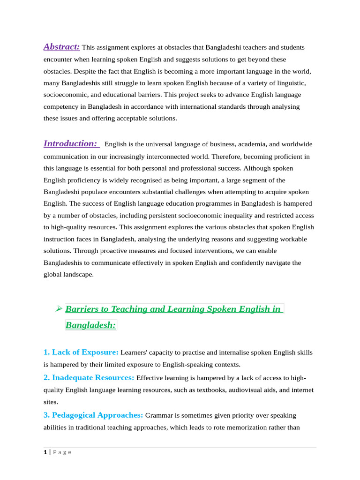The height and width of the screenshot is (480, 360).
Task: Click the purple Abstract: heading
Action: pos(61,47)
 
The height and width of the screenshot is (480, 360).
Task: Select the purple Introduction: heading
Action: pos(70,143)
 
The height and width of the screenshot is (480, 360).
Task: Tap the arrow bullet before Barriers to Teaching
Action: pos(59,308)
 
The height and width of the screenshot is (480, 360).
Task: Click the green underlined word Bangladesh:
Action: pos(90,325)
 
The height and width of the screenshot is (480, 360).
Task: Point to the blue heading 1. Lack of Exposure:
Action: pos(81,352)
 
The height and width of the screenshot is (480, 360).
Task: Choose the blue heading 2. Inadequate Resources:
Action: pos(89,377)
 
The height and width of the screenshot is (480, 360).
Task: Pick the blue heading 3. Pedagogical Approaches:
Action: pos(93,415)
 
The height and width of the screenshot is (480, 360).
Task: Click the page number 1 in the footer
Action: pos(45,452)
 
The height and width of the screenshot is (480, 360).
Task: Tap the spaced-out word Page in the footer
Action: pos(62,452)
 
